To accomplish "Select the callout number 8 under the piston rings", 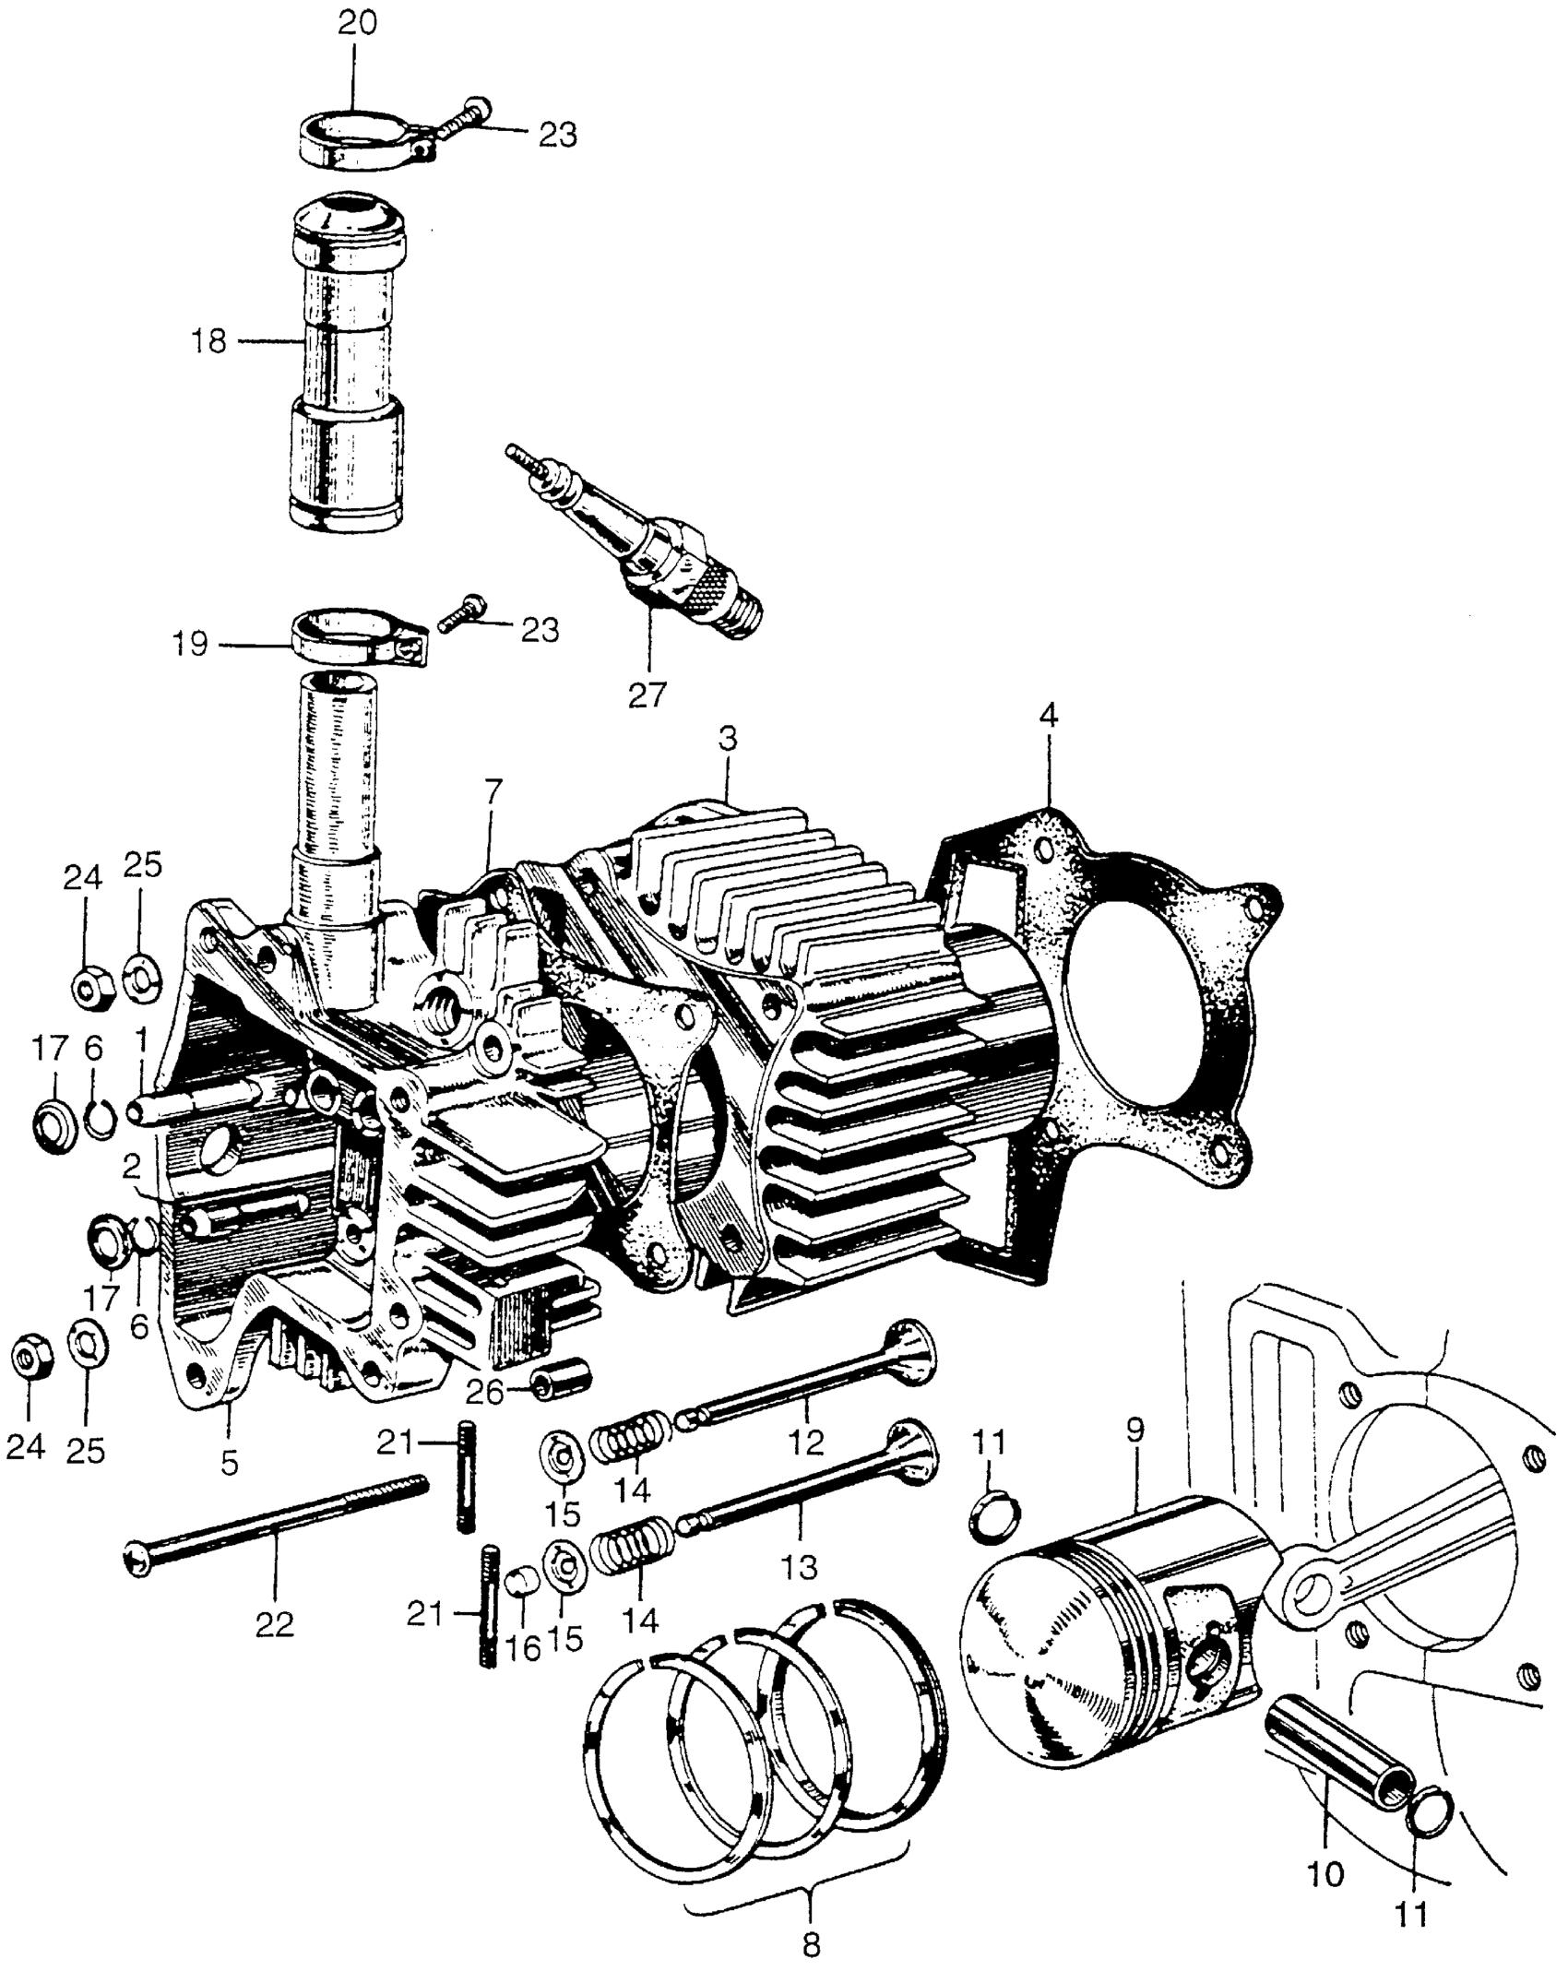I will click(811, 1941).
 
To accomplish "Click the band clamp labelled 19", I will click(355, 638).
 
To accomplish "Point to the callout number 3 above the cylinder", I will click(728, 741).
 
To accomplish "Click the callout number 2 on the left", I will click(132, 1169).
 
